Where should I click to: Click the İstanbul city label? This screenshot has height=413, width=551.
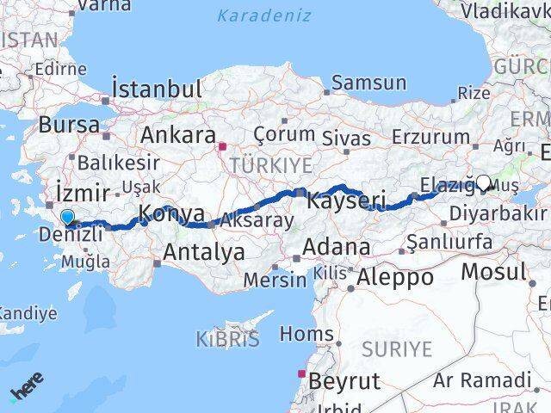(157, 89)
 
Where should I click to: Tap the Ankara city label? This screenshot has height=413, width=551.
(177, 135)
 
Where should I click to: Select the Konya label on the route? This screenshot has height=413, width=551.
(172, 213)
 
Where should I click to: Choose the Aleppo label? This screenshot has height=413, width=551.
(395, 277)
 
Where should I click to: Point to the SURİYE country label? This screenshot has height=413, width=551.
(396, 348)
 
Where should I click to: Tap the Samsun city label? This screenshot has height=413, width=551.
(368, 83)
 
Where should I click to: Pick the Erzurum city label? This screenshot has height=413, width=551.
(430, 137)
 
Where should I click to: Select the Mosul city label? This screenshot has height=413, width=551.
(493, 272)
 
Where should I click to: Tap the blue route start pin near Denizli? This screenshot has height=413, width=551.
(67, 219)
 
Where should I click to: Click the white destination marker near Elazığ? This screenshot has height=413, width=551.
(483, 182)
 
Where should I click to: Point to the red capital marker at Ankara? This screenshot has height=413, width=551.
(222, 145)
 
